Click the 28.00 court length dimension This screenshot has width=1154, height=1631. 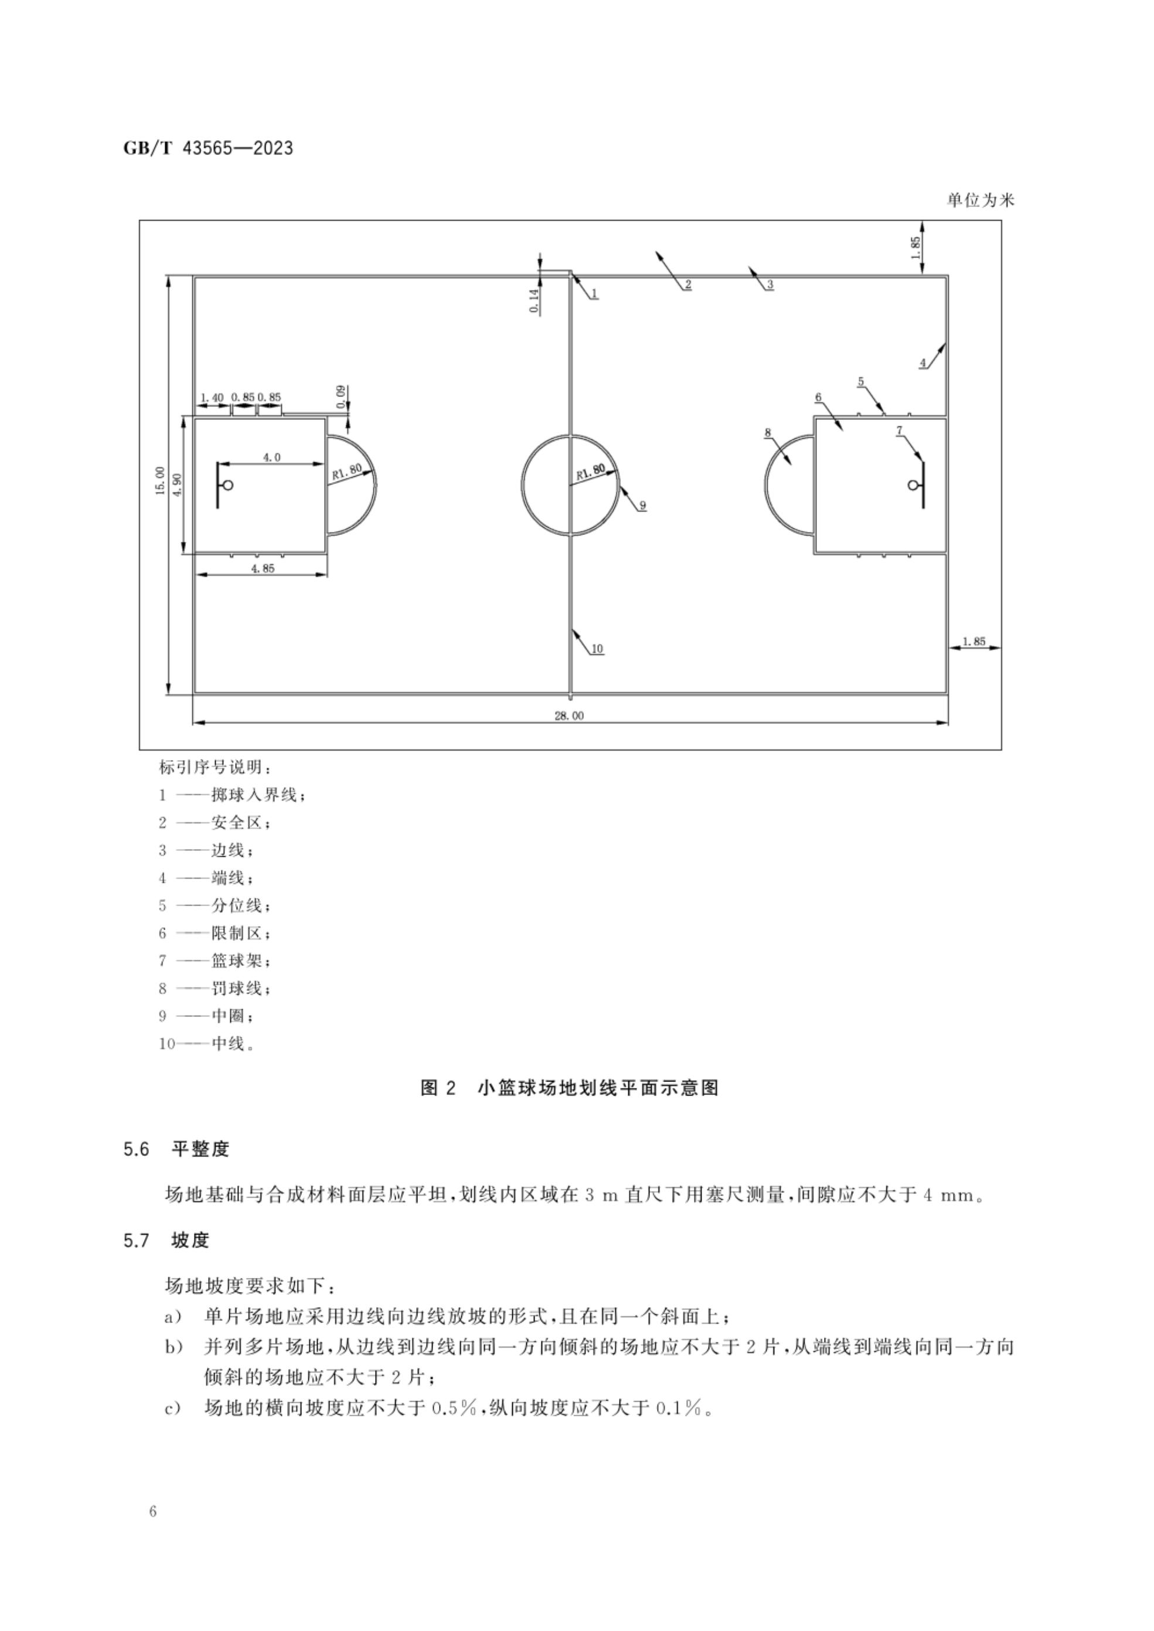pos(569,716)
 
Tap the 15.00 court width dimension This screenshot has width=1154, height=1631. pos(160,481)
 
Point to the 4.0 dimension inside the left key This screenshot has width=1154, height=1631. pos(272,457)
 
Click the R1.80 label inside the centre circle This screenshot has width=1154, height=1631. pos(591,471)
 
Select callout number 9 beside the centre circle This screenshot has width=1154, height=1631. pos(642,506)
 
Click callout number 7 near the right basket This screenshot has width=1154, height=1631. pos(899,430)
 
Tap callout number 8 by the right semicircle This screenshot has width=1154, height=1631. pos(767,432)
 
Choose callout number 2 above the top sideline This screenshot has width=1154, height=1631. pos(688,284)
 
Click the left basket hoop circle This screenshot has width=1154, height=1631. pos(229,486)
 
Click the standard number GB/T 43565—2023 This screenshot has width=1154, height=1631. pos(208,148)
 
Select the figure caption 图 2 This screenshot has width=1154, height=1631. pos(438,1088)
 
